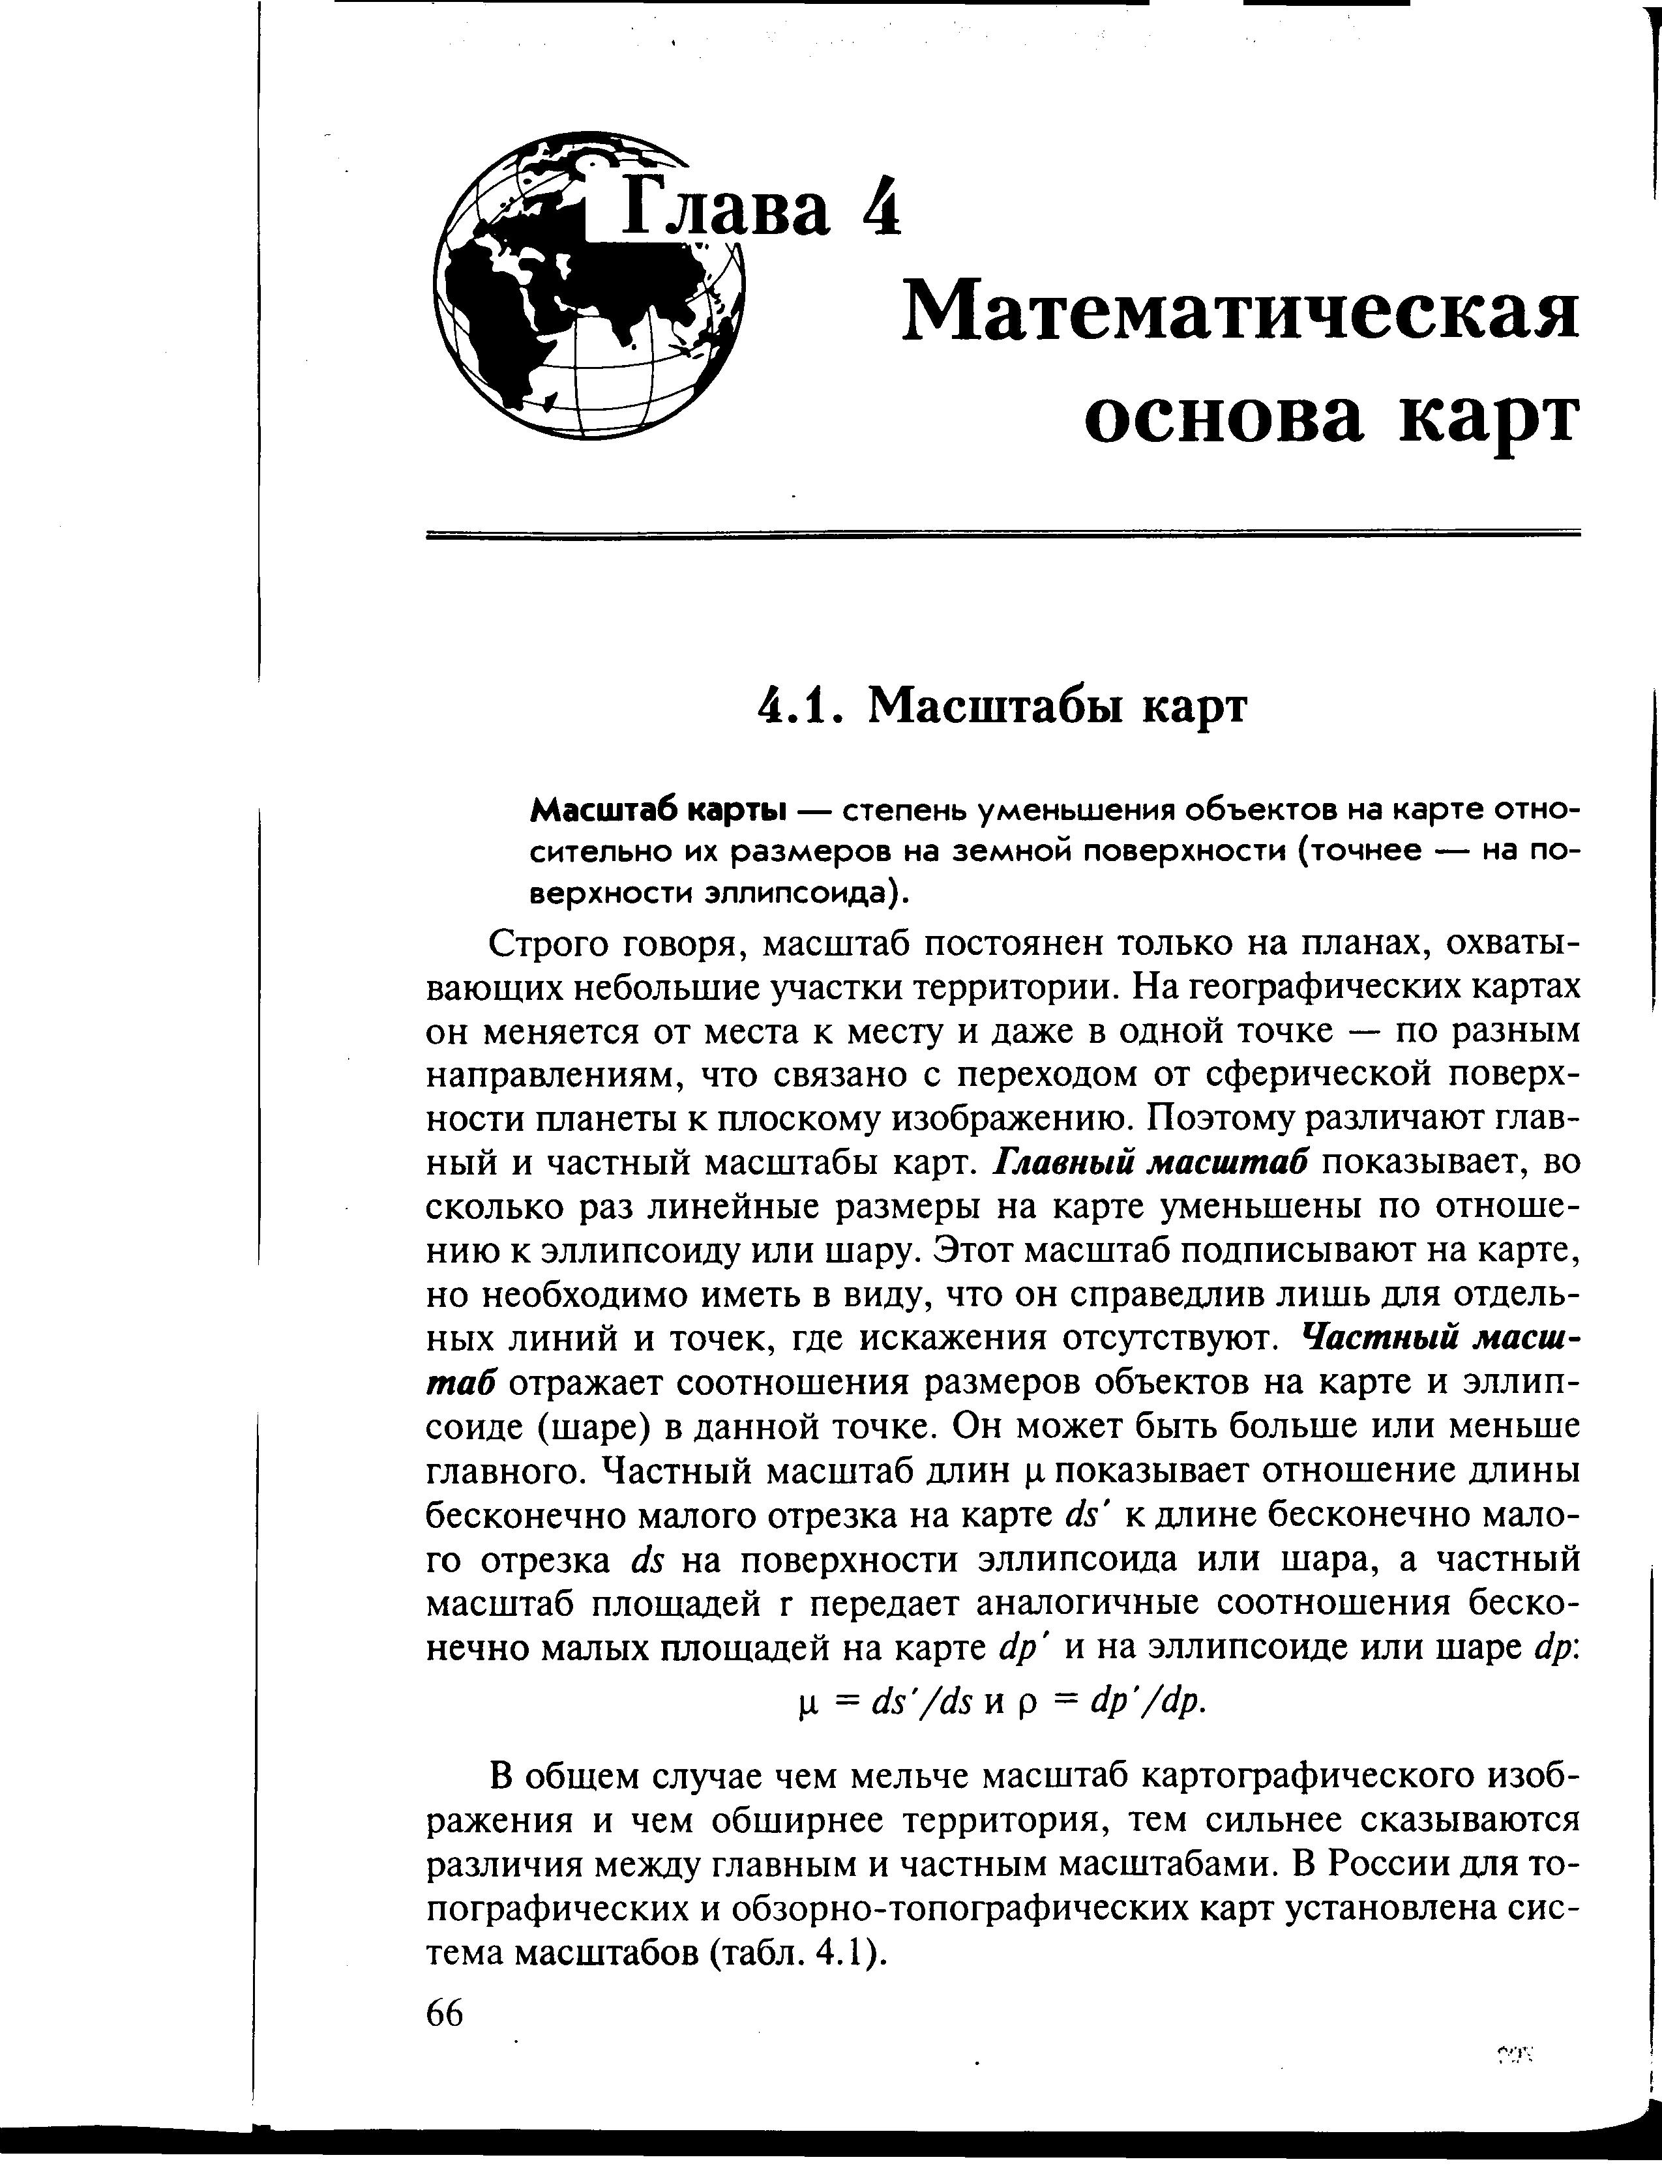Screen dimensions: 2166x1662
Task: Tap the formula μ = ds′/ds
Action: click(x=886, y=1700)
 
